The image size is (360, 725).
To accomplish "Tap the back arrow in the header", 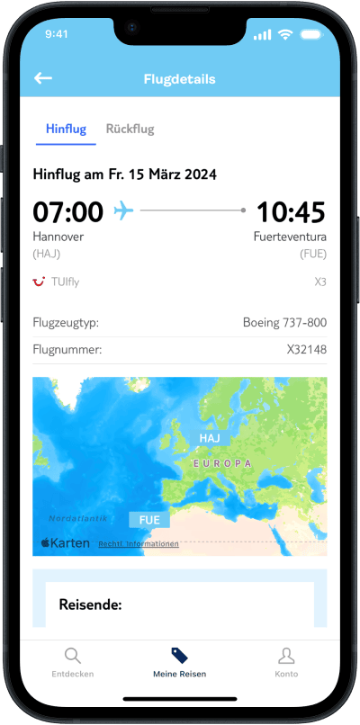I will coord(43,78).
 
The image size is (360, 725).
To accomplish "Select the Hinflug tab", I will coord(66,129).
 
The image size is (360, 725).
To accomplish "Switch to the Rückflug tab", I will coord(130,129).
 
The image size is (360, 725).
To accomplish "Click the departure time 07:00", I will coord(68,211).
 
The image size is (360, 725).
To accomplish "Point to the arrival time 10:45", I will coord(291,211).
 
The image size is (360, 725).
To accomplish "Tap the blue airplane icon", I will coord(123,210).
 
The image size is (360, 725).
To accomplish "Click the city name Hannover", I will coord(59,237).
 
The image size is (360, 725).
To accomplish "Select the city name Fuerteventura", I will coord(289,237).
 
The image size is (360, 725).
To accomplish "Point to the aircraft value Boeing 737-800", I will coord(284,322).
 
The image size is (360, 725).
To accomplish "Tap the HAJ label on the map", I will coord(209,438).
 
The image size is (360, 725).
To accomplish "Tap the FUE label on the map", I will coord(149,520).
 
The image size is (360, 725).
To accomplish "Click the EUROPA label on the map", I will coord(221,462).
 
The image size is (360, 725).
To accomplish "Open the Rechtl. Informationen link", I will coord(139,543).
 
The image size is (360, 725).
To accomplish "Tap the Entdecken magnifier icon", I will coord(73,655).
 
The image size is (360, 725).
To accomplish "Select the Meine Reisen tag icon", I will coord(179,655).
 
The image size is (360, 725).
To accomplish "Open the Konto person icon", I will coord(286,655).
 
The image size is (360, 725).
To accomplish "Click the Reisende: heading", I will coord(90,604).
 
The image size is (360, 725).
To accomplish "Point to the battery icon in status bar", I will coord(311,34).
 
